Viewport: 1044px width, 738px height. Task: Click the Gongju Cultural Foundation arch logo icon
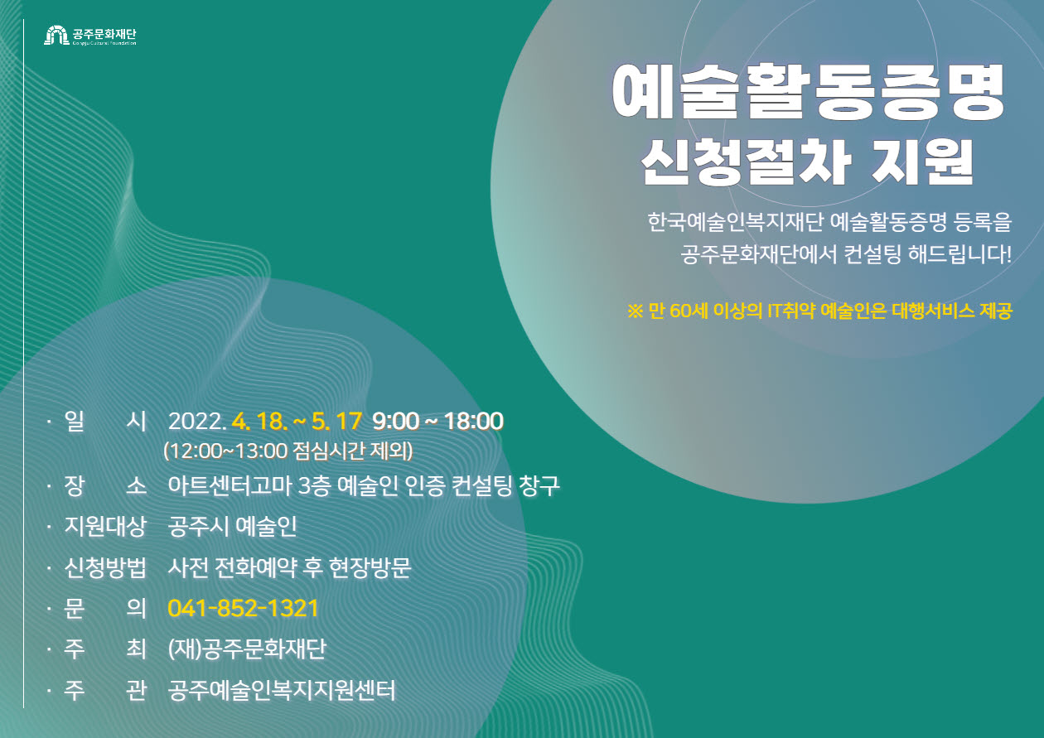(56, 36)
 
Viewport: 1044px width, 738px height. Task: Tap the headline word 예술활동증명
(809, 92)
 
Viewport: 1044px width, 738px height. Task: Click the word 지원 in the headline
(923, 162)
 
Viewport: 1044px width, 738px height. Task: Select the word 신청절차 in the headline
(747, 162)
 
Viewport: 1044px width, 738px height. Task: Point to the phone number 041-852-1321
(243, 608)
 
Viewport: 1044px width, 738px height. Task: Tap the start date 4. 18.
(259, 421)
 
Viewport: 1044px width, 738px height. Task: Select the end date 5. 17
(336, 421)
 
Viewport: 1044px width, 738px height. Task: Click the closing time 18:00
(474, 421)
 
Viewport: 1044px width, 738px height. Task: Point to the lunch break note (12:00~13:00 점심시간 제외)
(288, 451)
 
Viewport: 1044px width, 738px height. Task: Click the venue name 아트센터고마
(230, 486)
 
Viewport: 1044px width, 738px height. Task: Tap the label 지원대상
(105, 527)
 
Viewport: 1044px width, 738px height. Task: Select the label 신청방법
(105, 567)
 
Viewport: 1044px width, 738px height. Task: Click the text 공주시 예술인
(232, 527)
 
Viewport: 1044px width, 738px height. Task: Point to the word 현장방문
(370, 567)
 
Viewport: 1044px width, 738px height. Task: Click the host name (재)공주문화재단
(248, 649)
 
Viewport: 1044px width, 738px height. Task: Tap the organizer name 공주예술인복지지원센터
(282, 690)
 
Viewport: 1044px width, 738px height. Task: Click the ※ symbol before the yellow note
(636, 311)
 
